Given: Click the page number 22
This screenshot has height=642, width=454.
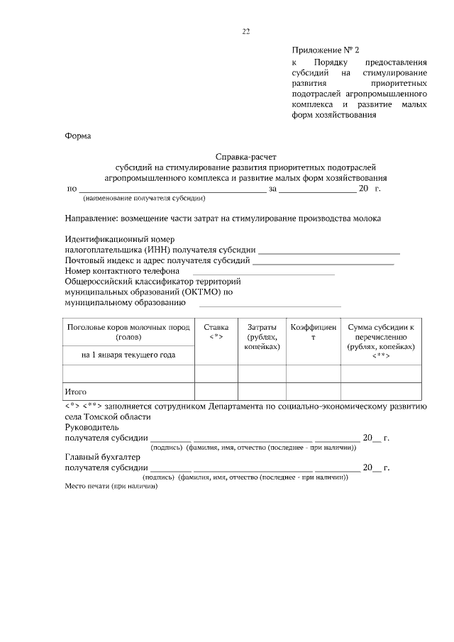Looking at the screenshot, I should pyautogui.click(x=245, y=31).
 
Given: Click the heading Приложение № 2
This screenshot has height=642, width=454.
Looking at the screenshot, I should pyautogui.click(x=326, y=50).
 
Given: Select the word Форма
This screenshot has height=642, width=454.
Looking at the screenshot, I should pyautogui.click(x=78, y=135).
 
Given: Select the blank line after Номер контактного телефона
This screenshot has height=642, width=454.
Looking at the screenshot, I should pyautogui.click(x=263, y=271).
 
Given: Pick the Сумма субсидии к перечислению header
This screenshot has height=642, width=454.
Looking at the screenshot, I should pyautogui.click(x=380, y=341).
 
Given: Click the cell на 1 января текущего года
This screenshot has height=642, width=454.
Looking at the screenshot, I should pyautogui.click(x=128, y=354).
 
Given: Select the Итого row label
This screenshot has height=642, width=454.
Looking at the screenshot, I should pyautogui.click(x=76, y=391).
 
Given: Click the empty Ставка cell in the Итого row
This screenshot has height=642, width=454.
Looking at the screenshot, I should pyautogui.click(x=216, y=391).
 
